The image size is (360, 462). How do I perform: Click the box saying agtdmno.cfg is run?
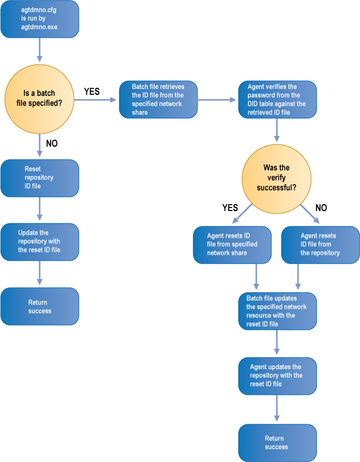tap(40, 19)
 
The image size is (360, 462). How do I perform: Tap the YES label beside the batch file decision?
tap(92, 92)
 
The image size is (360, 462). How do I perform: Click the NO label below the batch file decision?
tap(52, 144)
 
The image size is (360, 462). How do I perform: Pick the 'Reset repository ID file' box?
tap(40, 178)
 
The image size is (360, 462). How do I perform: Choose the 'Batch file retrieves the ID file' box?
tap(159, 100)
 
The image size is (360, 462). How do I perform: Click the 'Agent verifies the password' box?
tap(278, 100)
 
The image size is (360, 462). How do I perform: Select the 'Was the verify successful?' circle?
tap(277, 178)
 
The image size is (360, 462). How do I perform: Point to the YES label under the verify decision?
tap(230, 208)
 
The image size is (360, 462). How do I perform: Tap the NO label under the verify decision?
tap(320, 208)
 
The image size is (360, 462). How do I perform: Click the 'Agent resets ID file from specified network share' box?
tap(232, 244)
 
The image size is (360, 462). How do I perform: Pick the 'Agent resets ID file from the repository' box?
tap(320, 244)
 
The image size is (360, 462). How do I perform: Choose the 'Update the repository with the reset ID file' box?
tap(40, 241)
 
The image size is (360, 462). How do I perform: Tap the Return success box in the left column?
tap(40, 306)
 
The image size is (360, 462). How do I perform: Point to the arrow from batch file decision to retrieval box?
tap(98, 100)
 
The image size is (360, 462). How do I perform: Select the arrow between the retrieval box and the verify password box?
tap(218, 100)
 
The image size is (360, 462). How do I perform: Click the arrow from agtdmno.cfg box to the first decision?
tap(40, 49)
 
